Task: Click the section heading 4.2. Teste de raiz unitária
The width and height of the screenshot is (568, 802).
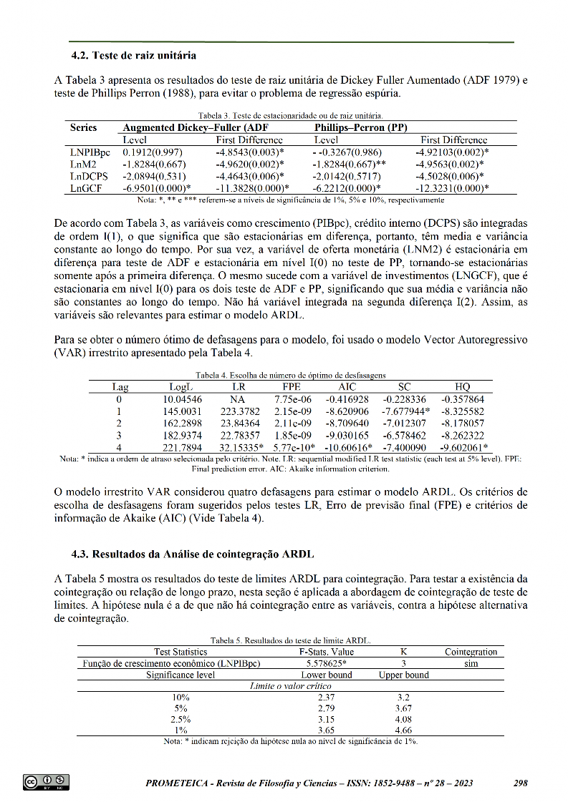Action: coord(134,55)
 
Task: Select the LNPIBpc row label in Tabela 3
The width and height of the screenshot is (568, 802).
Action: coord(90,152)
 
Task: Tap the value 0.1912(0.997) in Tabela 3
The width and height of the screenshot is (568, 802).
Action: coord(153,152)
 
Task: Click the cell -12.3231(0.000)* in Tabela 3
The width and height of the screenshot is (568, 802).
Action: coord(453,188)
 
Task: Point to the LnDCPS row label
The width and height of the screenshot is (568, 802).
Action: coord(89,176)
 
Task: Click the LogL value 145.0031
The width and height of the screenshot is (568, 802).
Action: coord(182,412)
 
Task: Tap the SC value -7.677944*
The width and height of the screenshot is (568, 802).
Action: coord(406,412)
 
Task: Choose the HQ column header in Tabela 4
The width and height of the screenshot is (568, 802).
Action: coord(463,387)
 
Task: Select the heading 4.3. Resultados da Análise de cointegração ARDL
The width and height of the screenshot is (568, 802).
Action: coord(193,554)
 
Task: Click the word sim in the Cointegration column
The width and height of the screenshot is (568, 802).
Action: coord(471,663)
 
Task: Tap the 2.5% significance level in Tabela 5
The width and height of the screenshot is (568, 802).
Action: coord(180,719)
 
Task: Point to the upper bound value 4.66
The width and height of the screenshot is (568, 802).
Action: coord(404,730)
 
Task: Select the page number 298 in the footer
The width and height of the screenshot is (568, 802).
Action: coord(521,783)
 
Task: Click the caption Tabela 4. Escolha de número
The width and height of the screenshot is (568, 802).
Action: coord(291,375)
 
